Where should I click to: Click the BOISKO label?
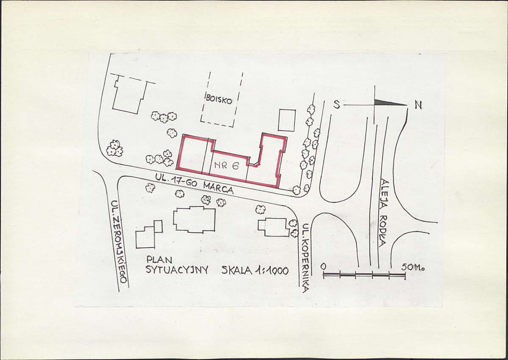tap(219, 100)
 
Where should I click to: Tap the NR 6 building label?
tap(226, 166)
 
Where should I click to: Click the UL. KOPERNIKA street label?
tap(305, 258)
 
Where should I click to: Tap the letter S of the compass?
tap(337, 104)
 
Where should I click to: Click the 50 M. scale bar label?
tap(413, 268)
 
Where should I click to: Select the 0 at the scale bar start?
tap(323, 266)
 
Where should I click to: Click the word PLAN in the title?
tap(159, 260)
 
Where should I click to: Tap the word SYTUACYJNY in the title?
tap(177, 270)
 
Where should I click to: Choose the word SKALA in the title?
tap(236, 271)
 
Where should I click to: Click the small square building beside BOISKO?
tap(287, 120)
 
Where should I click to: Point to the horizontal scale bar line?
tap(364, 275)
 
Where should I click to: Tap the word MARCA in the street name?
tap(218, 187)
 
